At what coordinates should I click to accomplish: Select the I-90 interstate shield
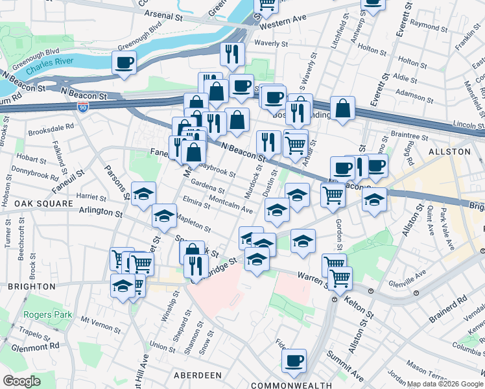[x=83, y=108]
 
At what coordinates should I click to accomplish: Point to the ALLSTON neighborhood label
[x=449, y=151]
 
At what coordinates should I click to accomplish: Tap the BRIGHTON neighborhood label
[x=32, y=286]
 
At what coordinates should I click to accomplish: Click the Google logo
[x=21, y=381]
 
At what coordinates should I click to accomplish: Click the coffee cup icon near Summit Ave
[x=294, y=359]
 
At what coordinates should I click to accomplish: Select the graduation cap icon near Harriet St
[x=143, y=193]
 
